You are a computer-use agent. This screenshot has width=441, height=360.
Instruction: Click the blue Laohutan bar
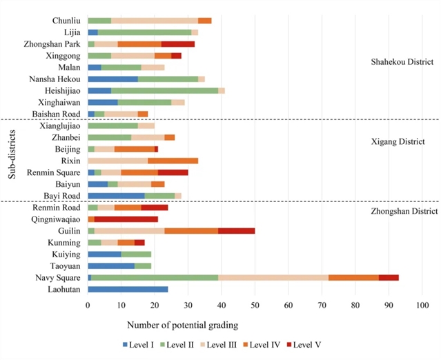(128, 289)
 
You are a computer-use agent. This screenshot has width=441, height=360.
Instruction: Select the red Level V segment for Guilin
(237, 230)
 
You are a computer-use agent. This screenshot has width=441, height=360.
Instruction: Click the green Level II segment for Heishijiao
(165, 90)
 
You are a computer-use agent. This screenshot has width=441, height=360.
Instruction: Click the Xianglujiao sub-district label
(61, 126)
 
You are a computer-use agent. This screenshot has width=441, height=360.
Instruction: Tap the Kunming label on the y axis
(66, 242)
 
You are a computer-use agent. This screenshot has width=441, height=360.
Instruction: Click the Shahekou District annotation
(401, 62)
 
